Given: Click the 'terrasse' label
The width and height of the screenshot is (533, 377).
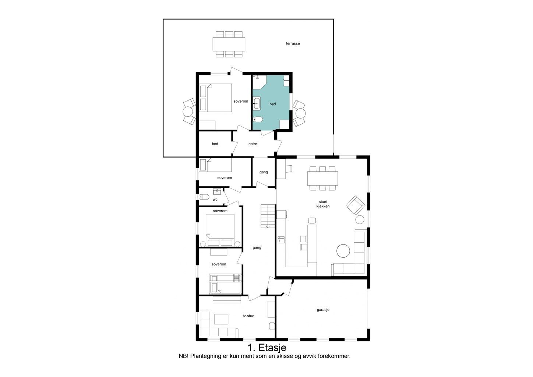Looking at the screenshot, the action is coord(293,43).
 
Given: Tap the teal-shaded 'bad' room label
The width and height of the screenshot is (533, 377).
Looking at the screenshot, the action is coord(272,104).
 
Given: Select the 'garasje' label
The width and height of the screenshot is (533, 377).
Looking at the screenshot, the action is coord(323,310).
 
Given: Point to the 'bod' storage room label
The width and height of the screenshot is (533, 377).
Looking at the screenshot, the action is coord(215,144).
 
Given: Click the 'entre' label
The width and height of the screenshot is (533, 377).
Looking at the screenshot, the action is coord(253,144).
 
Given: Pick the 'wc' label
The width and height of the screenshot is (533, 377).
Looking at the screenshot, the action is coord(215,200).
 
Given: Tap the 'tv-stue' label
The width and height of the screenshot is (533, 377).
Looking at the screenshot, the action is coord(248,316).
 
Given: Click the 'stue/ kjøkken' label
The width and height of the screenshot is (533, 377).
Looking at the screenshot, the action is coord(323,204).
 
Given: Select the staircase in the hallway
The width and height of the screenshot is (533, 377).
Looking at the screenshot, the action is coord(268,216).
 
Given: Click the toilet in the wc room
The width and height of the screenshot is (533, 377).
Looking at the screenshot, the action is coord(204,197).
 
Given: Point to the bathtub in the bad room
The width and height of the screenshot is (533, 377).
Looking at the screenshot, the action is coord(257,103).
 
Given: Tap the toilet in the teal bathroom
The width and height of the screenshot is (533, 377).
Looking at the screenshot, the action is coord(257,119).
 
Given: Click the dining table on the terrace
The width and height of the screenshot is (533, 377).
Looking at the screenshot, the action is coord(229,44).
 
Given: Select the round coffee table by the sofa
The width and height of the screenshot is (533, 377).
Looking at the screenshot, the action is coord(343,251).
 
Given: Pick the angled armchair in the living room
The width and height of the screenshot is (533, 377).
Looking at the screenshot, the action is coord(356,205).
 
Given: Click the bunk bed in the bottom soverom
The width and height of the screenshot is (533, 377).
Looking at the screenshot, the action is coord(225,284).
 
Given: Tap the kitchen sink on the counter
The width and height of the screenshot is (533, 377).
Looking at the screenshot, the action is coord(281,239).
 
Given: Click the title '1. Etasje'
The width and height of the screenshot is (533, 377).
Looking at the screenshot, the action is coord(267,348).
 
